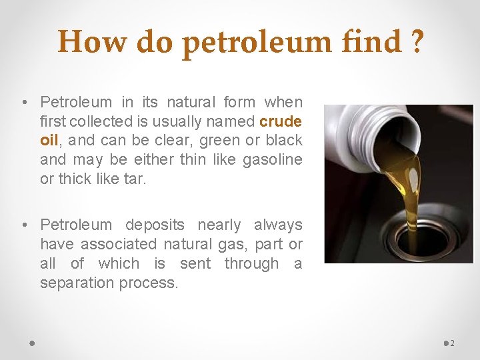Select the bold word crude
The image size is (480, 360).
click(281, 121)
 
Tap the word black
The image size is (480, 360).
click(283, 141)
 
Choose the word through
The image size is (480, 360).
click(251, 263)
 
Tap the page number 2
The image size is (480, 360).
click(453, 343)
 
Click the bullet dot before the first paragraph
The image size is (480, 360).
click(23, 103)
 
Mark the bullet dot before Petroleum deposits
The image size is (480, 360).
click(23, 226)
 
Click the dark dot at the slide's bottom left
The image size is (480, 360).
click(32, 342)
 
